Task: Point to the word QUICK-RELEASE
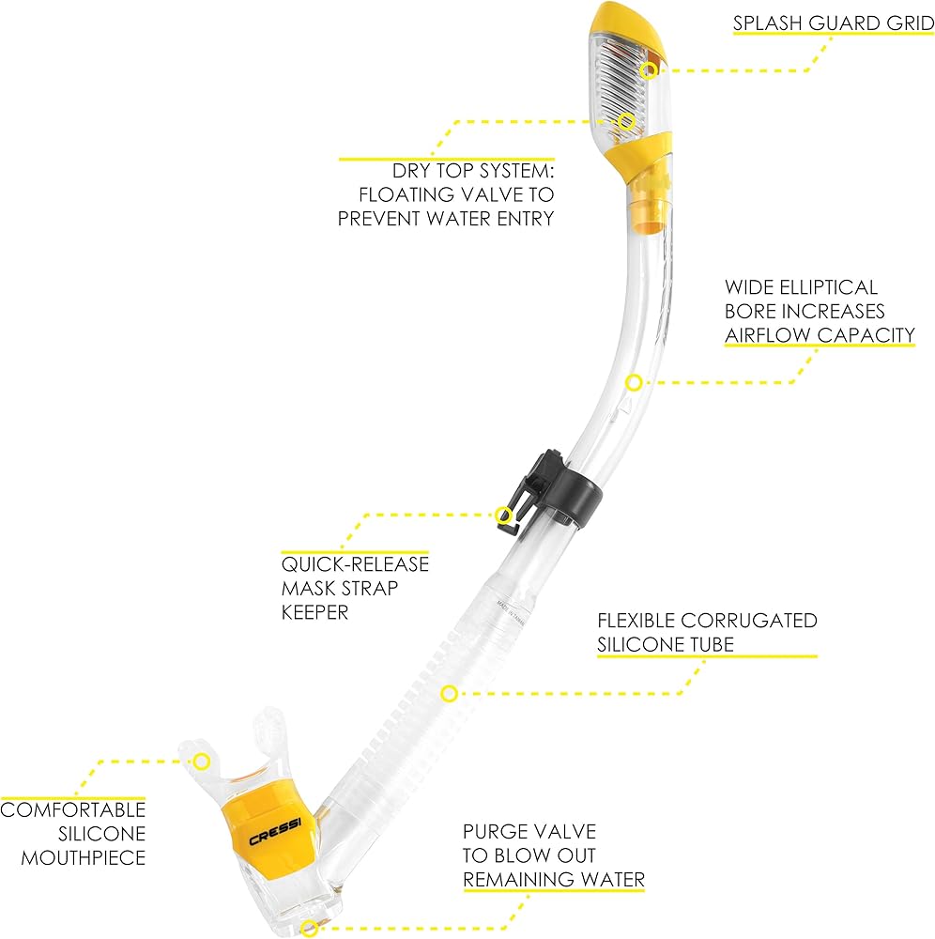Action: pyautogui.click(x=355, y=564)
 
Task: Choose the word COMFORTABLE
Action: pyautogui.click(x=73, y=809)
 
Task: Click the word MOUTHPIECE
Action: pyautogui.click(x=84, y=857)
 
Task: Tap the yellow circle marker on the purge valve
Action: pyautogui.click(x=308, y=930)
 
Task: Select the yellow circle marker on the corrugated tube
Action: pyautogui.click(x=449, y=694)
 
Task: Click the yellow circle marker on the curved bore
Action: pyautogui.click(x=634, y=382)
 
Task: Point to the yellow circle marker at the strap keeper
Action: pyautogui.click(x=504, y=515)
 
